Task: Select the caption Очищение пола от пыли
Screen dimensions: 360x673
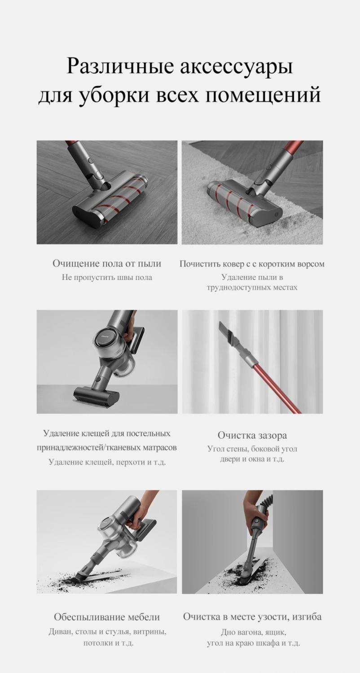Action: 107,264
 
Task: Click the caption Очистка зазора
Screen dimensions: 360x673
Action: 252,435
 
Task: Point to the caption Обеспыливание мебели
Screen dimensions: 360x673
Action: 107,618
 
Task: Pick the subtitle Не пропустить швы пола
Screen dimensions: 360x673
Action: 107,278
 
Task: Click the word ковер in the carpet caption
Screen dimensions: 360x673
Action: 233,264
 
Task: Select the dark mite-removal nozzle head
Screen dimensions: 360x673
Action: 95,395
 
